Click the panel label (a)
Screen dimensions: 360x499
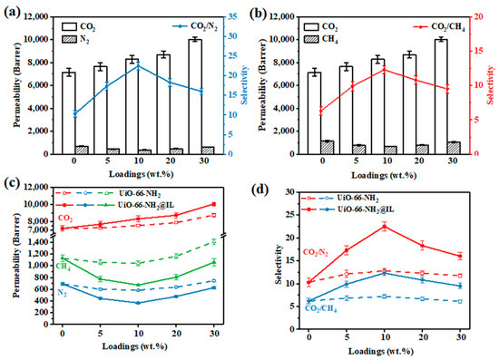click(x=12, y=10)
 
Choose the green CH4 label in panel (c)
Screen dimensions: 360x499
click(x=64, y=265)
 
